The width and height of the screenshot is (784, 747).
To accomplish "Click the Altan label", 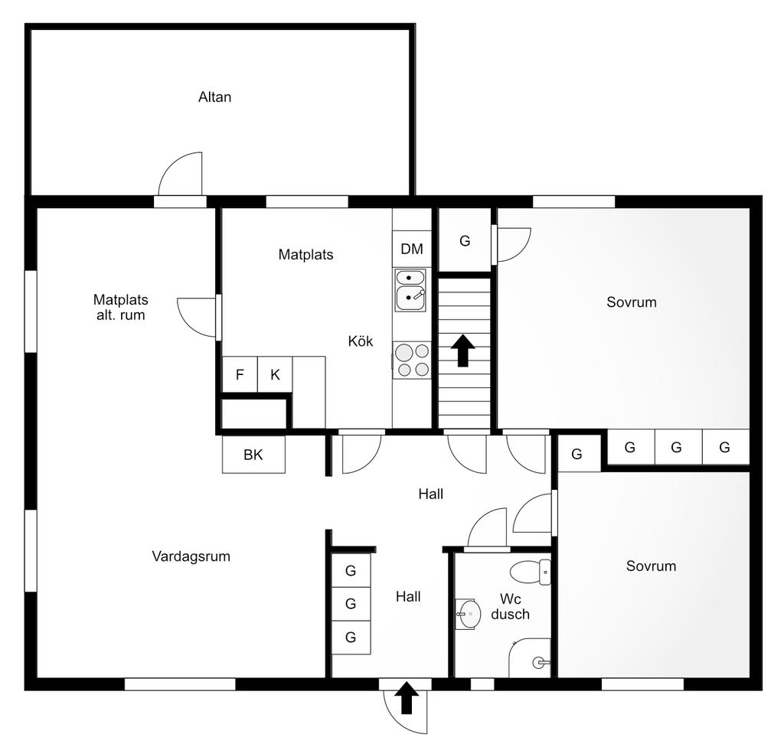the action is coord(214,97).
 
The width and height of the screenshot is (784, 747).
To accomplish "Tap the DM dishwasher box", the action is coord(411,249).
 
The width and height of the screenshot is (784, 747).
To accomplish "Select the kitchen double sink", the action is coord(410,290).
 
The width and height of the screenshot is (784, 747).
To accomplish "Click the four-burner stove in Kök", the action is coord(412,360).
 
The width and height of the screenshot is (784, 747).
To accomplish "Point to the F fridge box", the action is coord(240,374).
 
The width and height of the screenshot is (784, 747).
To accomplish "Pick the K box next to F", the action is coord(275,374).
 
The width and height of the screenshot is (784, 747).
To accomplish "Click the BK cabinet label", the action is coord(253,455).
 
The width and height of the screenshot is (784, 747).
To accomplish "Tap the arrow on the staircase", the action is coord(463,350).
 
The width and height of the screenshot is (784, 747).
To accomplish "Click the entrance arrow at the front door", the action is coord(407,697).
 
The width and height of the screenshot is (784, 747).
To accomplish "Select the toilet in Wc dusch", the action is coord(531,572).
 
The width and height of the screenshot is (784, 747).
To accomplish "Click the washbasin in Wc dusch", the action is coord(468,614).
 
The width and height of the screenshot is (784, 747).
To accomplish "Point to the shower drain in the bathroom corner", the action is coord(538,663).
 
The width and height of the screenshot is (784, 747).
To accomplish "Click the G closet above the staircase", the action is coord(465,240).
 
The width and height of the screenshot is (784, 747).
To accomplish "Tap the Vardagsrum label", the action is coord(191,556).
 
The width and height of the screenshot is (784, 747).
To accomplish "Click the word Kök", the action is coord(361,341).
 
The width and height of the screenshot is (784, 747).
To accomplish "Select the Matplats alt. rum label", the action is coord(120,307).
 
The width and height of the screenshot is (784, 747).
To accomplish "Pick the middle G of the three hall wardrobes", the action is coord(351,604).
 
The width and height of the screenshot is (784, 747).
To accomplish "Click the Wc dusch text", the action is coord(510,606).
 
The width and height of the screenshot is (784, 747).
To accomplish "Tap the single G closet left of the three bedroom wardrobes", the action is coord(577,454).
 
